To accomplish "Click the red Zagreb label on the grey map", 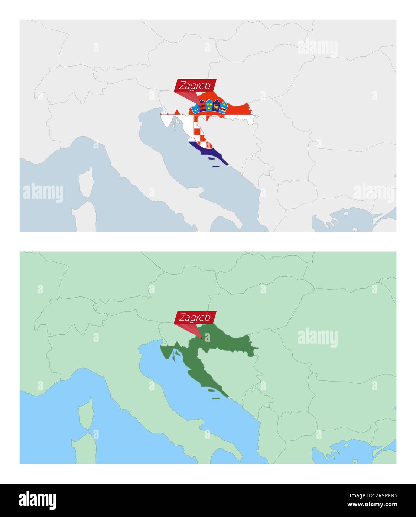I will [x=195, y=86].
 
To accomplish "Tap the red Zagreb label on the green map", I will [x=195, y=317].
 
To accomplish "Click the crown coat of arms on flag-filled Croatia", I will [x=209, y=106].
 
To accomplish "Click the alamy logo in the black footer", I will [x=38, y=500].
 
